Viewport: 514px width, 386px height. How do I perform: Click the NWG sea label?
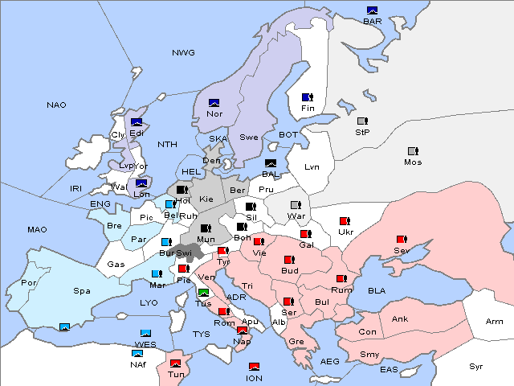point(183,53)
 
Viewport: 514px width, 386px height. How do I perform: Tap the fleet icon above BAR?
point(372,10)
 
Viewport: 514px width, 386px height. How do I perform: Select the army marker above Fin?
point(307,97)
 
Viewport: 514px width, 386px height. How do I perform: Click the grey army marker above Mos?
point(413,151)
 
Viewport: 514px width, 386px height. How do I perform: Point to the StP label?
point(362,132)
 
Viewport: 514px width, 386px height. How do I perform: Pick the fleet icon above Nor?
point(214,103)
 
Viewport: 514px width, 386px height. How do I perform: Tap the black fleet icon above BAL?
point(271,163)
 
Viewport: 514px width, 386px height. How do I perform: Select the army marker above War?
point(296,205)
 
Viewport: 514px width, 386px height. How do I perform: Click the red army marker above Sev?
point(401,240)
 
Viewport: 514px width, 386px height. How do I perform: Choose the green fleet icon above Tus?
point(203,293)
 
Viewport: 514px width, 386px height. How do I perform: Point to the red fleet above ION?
point(254,367)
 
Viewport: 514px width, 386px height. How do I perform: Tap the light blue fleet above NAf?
point(138,353)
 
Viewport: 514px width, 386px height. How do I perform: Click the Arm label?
point(495,322)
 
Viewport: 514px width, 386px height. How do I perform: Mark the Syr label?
point(477,366)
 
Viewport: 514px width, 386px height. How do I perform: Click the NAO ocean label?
point(57,105)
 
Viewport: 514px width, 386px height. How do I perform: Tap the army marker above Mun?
point(206,228)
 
